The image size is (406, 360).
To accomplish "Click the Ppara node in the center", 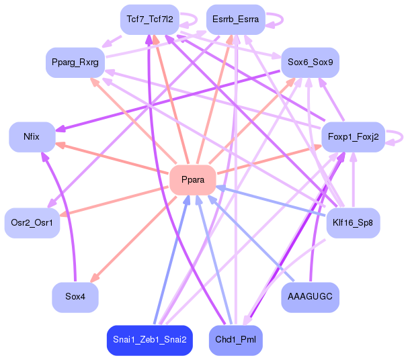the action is tap(192, 179).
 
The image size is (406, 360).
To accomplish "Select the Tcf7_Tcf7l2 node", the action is tap(149, 19).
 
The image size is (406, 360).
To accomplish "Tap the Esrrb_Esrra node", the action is tap(235, 19).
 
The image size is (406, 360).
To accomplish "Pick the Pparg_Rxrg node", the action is tap(75, 62).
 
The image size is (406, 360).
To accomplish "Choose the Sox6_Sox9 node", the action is tap(310, 62).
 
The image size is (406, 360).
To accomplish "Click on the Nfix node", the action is tap(31, 136).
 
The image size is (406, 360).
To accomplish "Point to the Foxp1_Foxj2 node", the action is tap(353, 137).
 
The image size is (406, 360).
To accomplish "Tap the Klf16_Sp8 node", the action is tap(353, 222).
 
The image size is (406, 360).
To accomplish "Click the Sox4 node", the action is tap(75, 296).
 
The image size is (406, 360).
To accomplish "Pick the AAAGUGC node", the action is tap(310, 296).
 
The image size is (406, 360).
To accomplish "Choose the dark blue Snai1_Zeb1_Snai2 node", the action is tap(150, 340).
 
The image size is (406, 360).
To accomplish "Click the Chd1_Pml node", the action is tap(235, 340).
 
